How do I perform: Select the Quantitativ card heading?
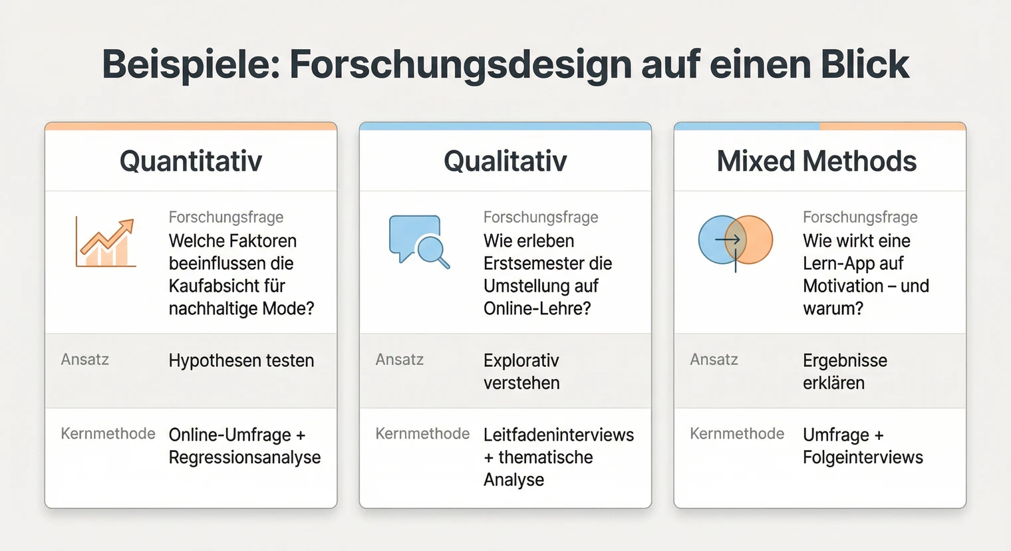click(191, 162)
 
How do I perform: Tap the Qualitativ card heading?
click(505, 162)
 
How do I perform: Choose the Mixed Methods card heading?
click(817, 162)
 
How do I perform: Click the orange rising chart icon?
click(106, 243)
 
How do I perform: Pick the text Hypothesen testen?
click(241, 360)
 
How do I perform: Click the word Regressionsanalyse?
click(245, 457)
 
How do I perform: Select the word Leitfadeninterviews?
click(559, 435)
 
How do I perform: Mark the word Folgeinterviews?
click(863, 457)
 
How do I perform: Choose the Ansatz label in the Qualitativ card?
click(399, 360)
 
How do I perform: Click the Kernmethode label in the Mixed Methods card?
click(737, 434)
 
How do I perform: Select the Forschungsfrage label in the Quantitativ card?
click(226, 217)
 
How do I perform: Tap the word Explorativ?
click(521, 360)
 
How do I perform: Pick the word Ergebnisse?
click(845, 360)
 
